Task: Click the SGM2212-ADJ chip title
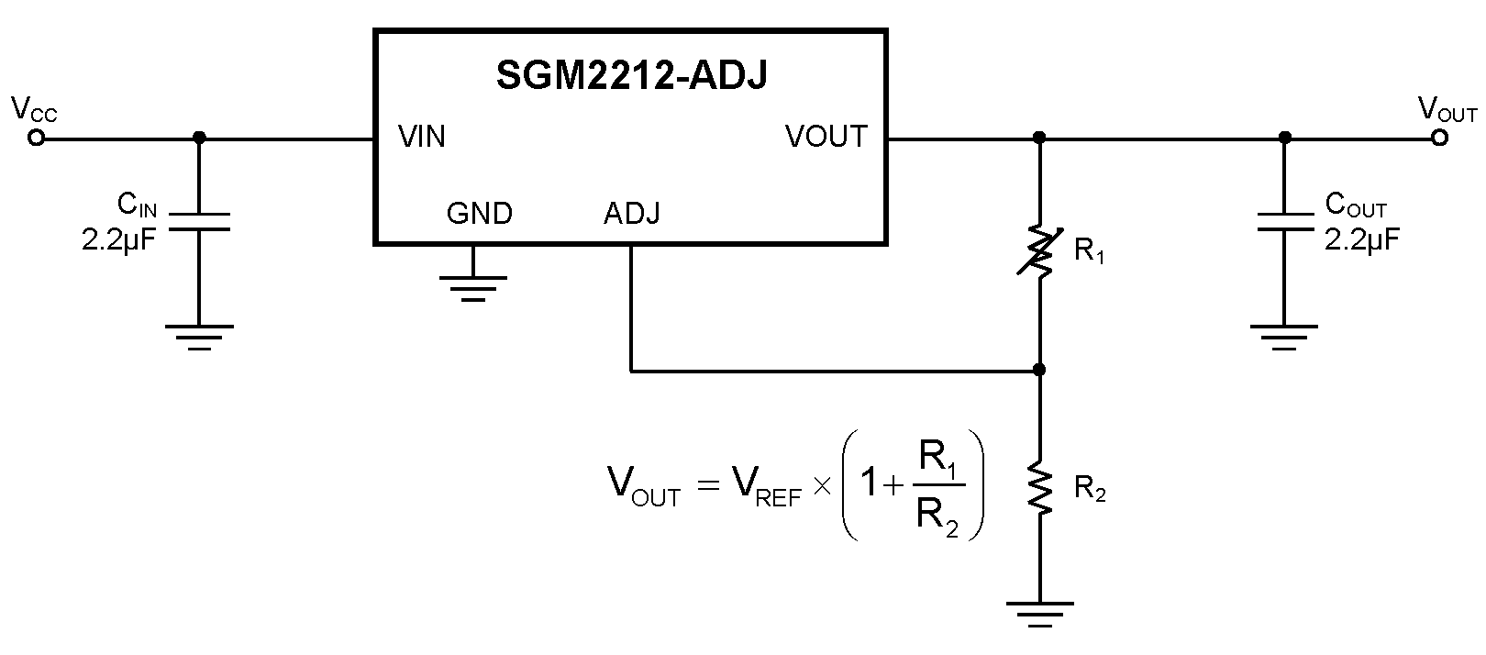[631, 76]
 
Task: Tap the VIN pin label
[422, 137]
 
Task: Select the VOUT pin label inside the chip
[826, 137]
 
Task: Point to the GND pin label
[479, 214]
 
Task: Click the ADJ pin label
[631, 214]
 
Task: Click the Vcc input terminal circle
[37, 139]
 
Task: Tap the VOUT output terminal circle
[1440, 139]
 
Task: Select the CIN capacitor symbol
[199, 222]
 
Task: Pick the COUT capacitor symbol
[1284, 222]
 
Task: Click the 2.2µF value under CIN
[119, 240]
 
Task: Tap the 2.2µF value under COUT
[1362, 240]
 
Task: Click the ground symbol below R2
[1039, 613]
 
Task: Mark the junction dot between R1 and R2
[1039, 371]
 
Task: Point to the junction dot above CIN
[199, 139]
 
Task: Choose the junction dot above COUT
[1284, 139]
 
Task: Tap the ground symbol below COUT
[1284, 336]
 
